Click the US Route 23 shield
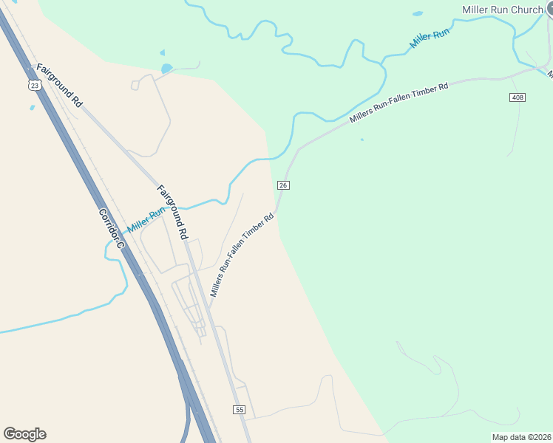(34, 86)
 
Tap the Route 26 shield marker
(282, 185)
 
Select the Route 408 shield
(518, 98)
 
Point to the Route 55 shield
(239, 410)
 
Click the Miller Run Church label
(502, 10)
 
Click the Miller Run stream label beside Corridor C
(146, 220)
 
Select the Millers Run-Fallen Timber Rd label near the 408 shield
(399, 103)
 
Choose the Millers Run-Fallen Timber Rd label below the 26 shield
(242, 255)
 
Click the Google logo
(24, 434)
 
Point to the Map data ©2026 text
(521, 437)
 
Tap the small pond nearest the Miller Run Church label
(418, 13)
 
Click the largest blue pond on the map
(166, 69)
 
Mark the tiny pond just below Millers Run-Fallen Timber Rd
(362, 139)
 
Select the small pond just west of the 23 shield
(32, 108)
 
